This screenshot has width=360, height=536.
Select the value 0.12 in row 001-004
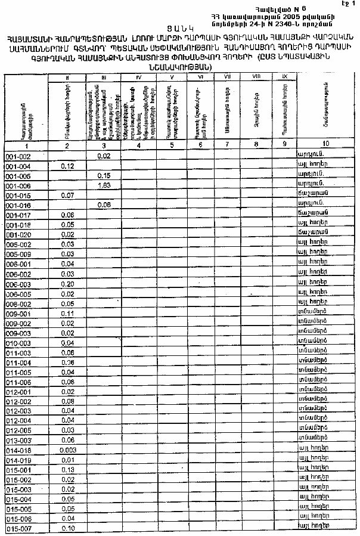67,166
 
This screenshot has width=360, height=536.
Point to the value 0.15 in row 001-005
104,176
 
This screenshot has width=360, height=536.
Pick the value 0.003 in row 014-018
67,450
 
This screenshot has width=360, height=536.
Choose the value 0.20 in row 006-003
67,284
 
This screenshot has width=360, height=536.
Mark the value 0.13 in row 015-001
67,470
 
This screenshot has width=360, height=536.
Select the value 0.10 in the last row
67,529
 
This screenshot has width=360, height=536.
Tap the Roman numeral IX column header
284,76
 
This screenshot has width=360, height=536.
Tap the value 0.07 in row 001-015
67,196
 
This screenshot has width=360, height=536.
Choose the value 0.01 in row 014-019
67,460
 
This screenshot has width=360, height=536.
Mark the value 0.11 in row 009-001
67,314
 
